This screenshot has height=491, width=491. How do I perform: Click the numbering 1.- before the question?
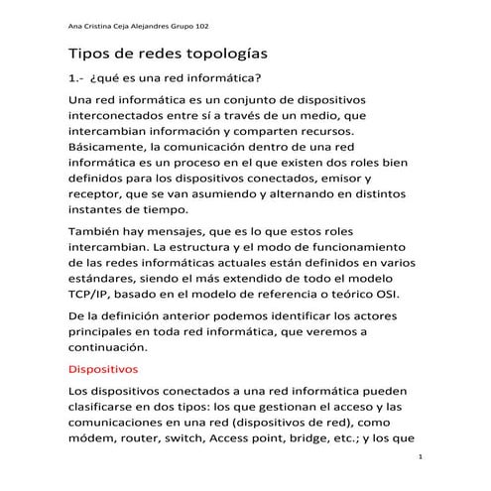point(76,79)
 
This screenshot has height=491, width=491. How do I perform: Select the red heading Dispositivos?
point(103,369)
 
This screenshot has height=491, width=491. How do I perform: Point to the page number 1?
point(422,457)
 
